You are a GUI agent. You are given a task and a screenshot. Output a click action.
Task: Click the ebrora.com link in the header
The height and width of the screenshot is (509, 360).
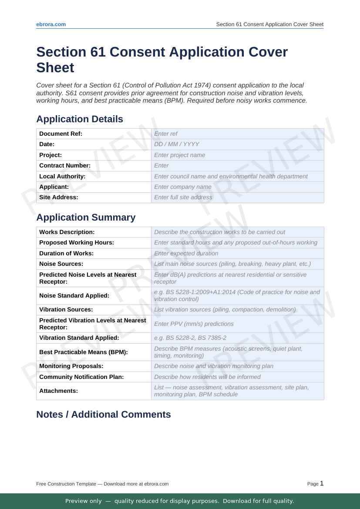[51, 24]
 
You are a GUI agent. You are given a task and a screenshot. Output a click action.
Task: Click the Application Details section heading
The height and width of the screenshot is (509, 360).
[80, 119]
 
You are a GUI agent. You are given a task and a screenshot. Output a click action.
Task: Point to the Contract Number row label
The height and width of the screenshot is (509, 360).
[65, 166]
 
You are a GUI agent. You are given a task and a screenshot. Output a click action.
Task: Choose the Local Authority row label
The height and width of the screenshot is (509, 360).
[62, 176]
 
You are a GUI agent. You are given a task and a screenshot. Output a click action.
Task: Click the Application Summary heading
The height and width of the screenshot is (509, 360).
[86, 218]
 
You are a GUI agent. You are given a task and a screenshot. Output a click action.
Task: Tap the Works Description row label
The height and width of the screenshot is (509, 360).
[67, 232]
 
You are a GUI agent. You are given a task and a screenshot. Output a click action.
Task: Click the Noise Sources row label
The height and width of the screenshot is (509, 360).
[61, 264]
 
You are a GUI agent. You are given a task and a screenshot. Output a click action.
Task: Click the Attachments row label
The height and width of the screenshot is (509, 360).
[59, 391]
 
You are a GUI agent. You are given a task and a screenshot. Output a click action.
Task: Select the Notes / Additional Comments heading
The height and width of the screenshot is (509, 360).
[104, 415]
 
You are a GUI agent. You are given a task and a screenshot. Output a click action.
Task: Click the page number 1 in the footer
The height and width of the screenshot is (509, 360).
[322, 483]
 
